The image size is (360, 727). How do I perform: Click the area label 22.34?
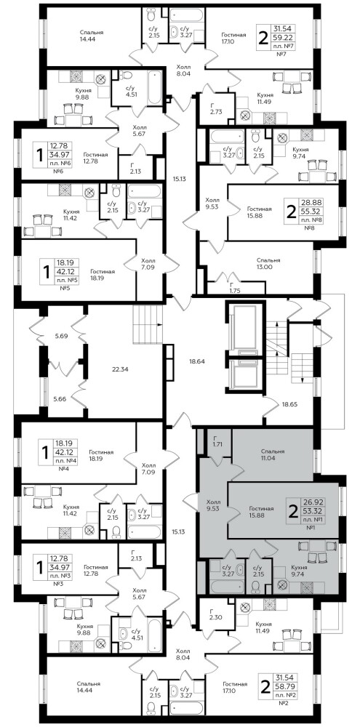point(120,369)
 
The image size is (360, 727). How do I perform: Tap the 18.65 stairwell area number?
point(289,403)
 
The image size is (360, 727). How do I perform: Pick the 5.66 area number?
point(60,398)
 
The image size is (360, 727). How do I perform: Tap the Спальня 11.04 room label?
point(272,454)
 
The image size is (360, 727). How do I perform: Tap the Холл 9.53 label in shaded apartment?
point(214,505)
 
